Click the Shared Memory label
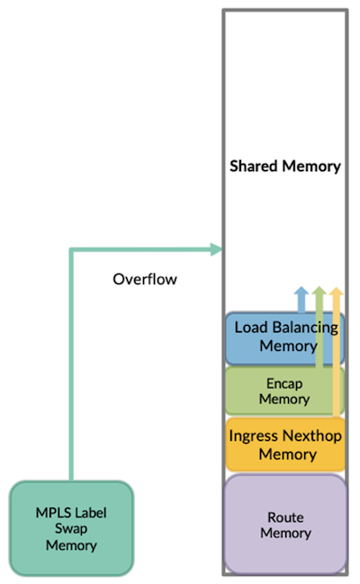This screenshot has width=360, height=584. [x=285, y=166]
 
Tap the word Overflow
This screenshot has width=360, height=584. [x=145, y=279]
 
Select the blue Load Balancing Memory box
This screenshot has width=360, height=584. [x=284, y=337]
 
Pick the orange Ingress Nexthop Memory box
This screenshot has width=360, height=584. [x=284, y=445]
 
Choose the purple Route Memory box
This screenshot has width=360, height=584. [x=284, y=525]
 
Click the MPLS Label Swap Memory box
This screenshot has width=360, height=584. [x=71, y=527]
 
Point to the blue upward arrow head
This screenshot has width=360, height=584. [x=301, y=293]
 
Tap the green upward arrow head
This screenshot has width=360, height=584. [x=319, y=293]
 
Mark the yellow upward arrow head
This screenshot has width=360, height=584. [x=337, y=293]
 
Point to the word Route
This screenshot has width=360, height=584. [x=284, y=517]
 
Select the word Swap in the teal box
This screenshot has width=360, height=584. [x=71, y=527]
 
